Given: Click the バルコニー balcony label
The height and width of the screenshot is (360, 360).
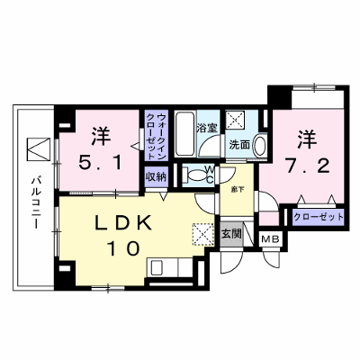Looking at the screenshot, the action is coord(36,203).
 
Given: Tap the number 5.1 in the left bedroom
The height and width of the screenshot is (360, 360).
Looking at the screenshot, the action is coord(100,164).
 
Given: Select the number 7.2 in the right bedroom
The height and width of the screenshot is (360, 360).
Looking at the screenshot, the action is coord(308,166).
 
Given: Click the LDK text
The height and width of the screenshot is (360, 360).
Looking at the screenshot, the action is coord(123,223).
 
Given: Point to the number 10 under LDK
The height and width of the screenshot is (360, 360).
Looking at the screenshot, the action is coord(123,248).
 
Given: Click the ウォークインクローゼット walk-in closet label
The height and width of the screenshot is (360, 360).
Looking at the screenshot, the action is coord(157,136).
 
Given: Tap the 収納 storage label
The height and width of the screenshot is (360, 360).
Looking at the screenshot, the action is coord(156,176).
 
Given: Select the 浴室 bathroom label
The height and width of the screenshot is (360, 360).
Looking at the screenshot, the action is coord(207,128).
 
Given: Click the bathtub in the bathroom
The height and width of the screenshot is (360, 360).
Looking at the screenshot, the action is coord(184,134).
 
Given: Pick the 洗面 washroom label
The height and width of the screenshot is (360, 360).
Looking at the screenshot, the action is coord(239,145).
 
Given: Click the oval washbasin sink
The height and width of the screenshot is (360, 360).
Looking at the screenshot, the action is coord(260,146).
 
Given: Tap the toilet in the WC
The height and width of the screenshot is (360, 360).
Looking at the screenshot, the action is coord(194,175).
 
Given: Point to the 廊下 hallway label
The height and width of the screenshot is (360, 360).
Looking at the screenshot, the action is coord(237,190).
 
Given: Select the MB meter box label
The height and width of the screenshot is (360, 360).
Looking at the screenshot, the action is coord(271,239).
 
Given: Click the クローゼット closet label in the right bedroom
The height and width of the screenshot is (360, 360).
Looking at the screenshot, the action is coord(319,217).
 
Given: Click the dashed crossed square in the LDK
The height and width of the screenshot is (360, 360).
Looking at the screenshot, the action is coord(203,234).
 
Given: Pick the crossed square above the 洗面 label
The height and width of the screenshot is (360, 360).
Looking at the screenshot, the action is coord(236,120).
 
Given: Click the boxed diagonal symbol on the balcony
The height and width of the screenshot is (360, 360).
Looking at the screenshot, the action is coord(38,148).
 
